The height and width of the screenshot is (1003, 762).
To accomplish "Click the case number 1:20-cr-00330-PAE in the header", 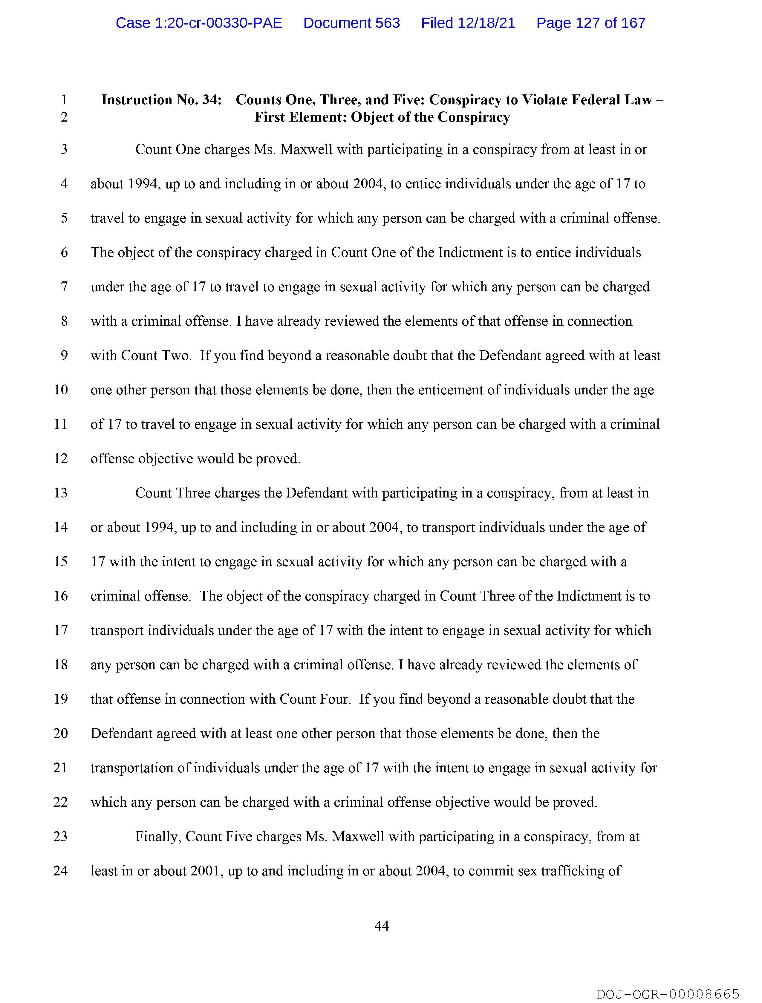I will [x=199, y=23].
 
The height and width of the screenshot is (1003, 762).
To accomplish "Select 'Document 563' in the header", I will [x=351, y=23].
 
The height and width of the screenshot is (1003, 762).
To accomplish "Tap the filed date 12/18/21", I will [x=468, y=23].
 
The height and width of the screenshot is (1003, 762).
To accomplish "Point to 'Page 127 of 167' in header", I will [x=590, y=23].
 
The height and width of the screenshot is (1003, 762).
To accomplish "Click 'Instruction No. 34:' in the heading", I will [x=161, y=100].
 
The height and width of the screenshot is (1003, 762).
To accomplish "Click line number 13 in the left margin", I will [x=61, y=493].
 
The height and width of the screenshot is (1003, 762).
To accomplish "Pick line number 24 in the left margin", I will [x=61, y=871].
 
